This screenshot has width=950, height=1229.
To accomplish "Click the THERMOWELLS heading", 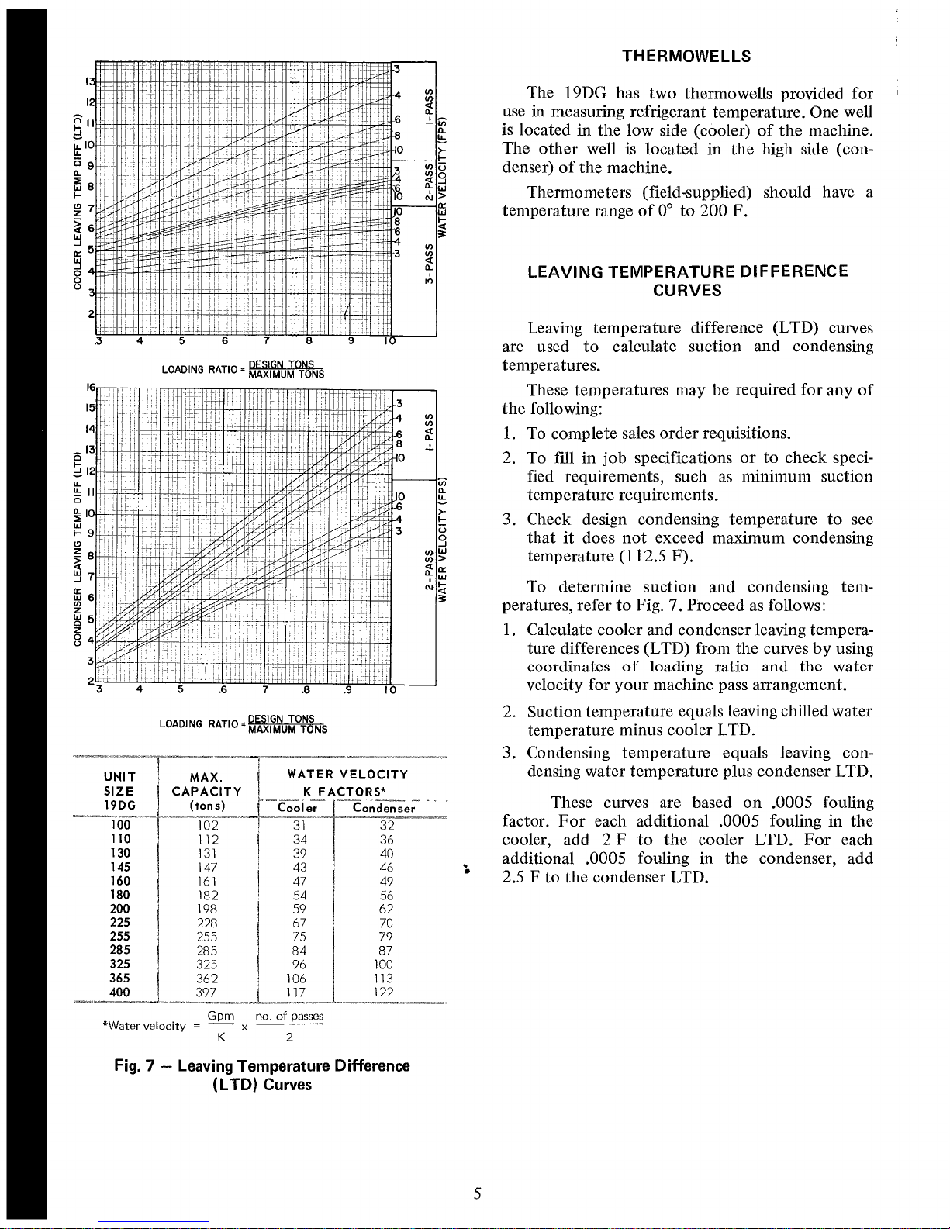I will pyautogui.click(x=687, y=56).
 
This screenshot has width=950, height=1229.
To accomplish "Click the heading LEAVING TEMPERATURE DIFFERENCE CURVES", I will pyautogui.click(x=687, y=281).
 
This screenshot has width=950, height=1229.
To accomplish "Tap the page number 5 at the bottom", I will pyautogui.click(x=478, y=1194).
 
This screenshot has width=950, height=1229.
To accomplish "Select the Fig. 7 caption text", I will pyautogui.click(x=261, y=1075).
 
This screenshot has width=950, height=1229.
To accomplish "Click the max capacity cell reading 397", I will pyautogui.click(x=207, y=993).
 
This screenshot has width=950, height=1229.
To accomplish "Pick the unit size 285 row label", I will pyautogui.click(x=120, y=950).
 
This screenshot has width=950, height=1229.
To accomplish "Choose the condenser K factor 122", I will pyautogui.click(x=382, y=993).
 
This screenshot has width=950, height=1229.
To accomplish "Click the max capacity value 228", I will pyautogui.click(x=207, y=923).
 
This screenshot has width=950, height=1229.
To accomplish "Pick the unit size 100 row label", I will pyautogui.click(x=120, y=825).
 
